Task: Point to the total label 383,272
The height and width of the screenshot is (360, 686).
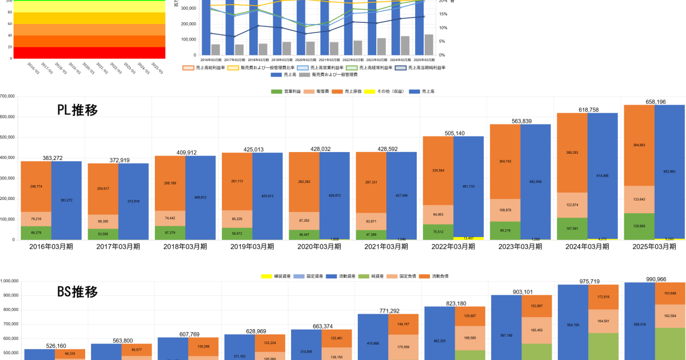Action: tap(51, 157)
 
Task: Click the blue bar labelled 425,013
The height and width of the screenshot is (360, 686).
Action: tap(268, 196)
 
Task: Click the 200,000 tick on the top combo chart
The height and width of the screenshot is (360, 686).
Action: tap(189, 24)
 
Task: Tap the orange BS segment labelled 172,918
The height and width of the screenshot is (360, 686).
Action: tap(604, 297)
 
